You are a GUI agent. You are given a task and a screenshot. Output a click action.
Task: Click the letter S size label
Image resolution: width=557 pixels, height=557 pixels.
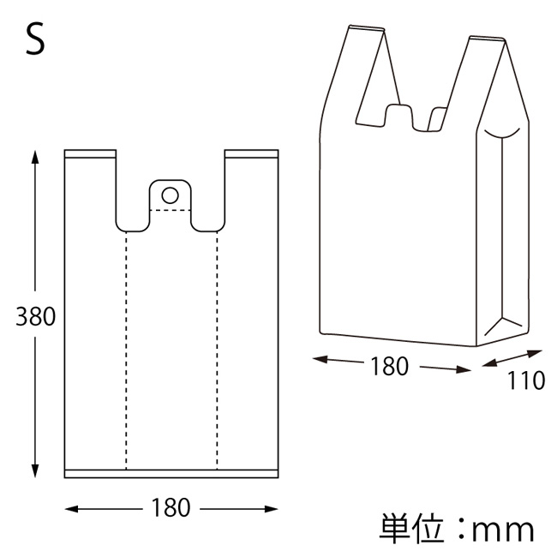(x=35, y=41)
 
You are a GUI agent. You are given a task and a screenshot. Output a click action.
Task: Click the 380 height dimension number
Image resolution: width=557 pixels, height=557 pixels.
(x=36, y=316)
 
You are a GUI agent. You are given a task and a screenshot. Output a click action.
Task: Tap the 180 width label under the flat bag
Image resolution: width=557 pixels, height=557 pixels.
(x=171, y=509)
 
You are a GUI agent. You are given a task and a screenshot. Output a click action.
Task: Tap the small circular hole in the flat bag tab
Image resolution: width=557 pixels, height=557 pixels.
(x=171, y=193)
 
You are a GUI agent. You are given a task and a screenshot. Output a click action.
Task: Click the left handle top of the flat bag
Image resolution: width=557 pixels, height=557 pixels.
(x=90, y=155)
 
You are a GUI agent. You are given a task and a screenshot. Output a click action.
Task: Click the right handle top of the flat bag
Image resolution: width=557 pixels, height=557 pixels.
(x=251, y=155)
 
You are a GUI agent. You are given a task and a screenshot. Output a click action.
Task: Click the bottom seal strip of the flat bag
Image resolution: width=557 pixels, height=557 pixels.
(x=171, y=474)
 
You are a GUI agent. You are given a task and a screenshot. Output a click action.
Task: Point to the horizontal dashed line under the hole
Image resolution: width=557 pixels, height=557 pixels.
(x=171, y=209)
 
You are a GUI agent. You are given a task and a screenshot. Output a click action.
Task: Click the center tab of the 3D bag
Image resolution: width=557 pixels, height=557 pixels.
(x=398, y=116)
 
